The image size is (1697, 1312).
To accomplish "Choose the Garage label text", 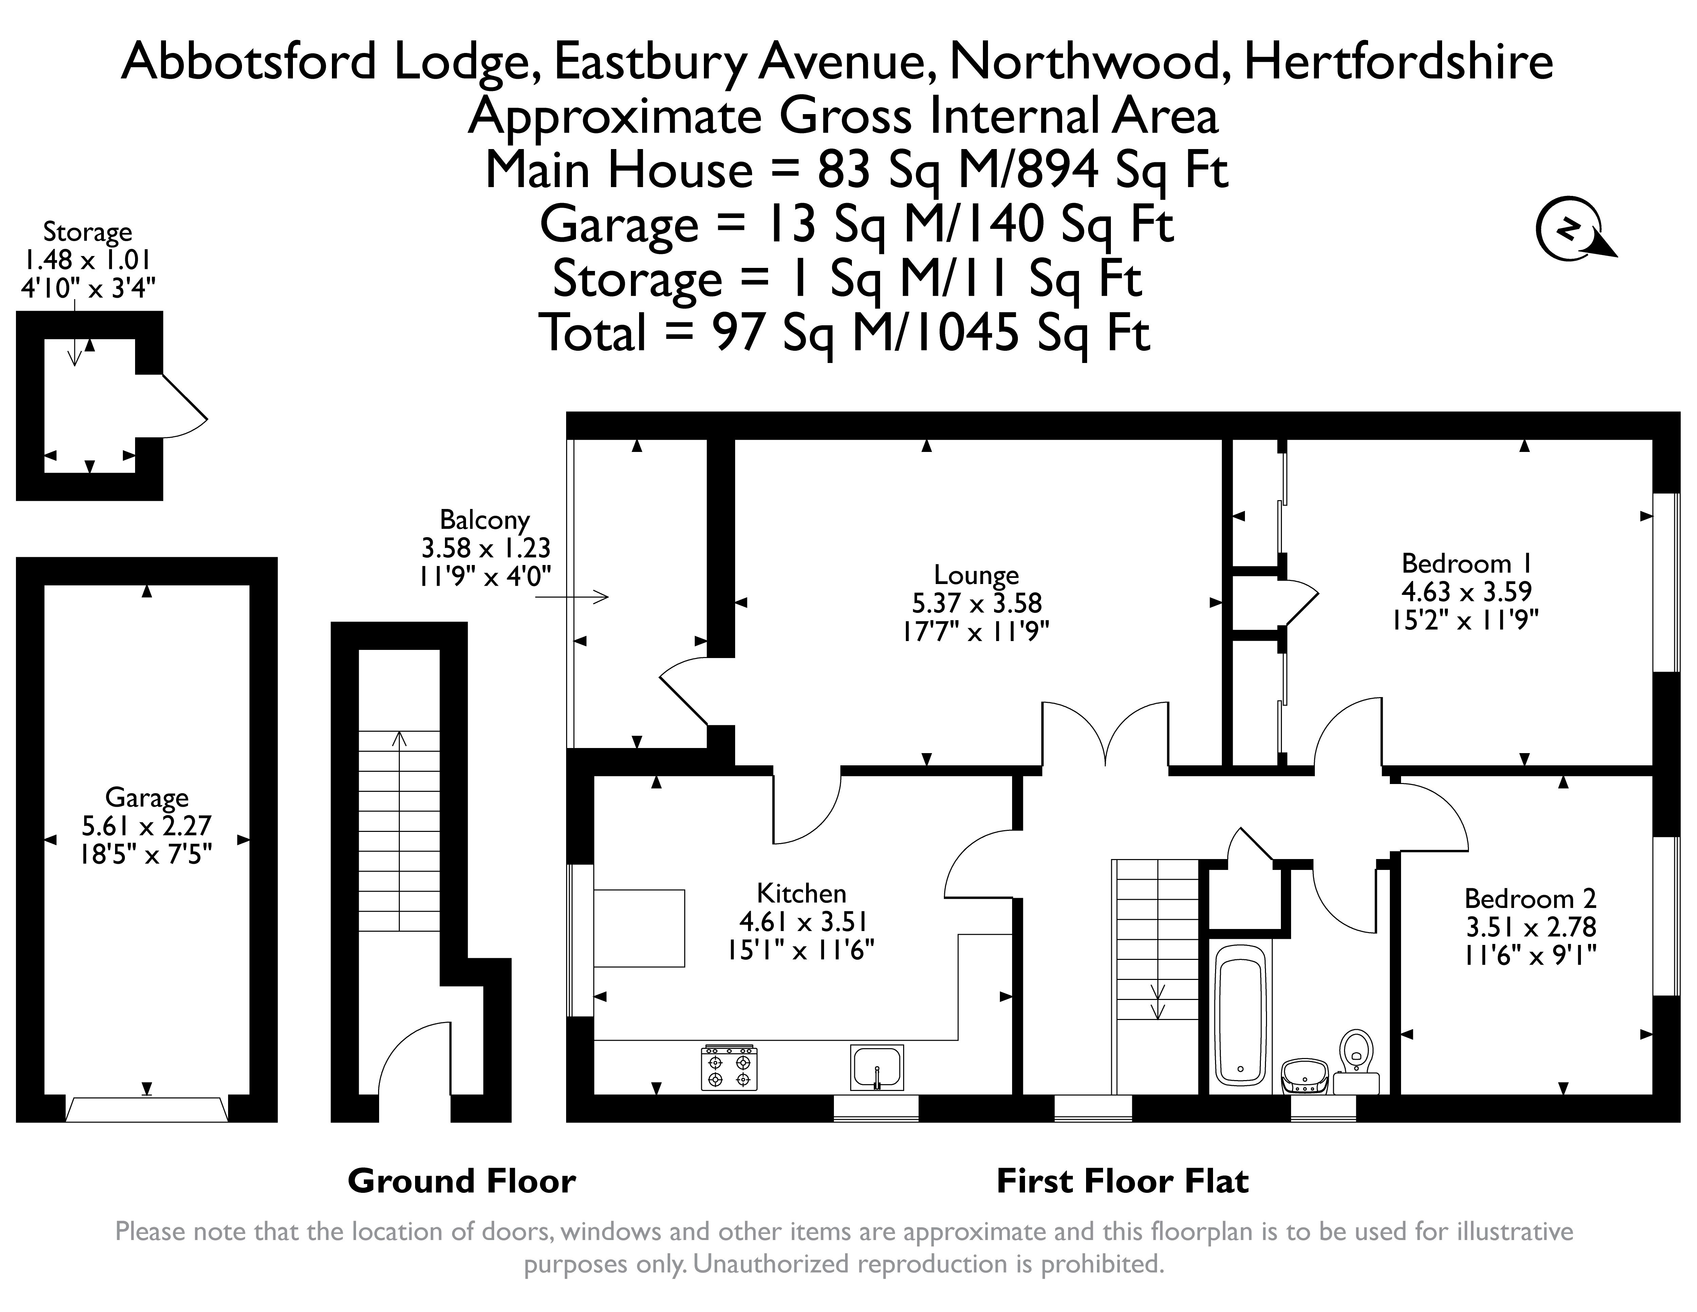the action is [x=147, y=798].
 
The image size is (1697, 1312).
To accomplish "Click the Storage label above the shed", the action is [x=87, y=232].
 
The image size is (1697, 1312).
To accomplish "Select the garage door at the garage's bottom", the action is [x=147, y=1109].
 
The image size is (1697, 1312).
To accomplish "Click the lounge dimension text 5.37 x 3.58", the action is [x=976, y=603].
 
